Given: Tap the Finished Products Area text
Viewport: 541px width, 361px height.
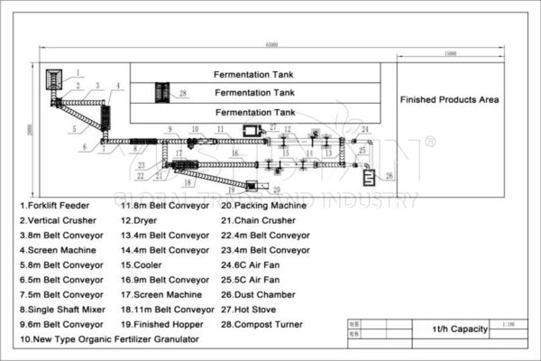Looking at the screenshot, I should point(450,99).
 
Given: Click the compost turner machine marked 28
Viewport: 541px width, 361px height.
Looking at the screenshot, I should point(162,91).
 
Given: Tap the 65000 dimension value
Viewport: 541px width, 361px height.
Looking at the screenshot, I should point(271,45).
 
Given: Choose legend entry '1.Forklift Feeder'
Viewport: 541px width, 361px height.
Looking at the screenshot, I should point(56,206).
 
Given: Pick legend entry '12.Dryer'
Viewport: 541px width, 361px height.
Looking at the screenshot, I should point(140,220).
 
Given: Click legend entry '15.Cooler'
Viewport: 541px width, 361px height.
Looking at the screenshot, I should point(142,265).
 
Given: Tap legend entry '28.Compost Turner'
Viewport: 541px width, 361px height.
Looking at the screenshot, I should point(261,324).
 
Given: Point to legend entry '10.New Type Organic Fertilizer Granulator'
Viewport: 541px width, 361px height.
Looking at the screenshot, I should point(108,339).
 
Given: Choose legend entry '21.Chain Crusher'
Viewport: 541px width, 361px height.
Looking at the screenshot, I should point(260,220).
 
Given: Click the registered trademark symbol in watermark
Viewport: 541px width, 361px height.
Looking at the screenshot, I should point(429,142).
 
